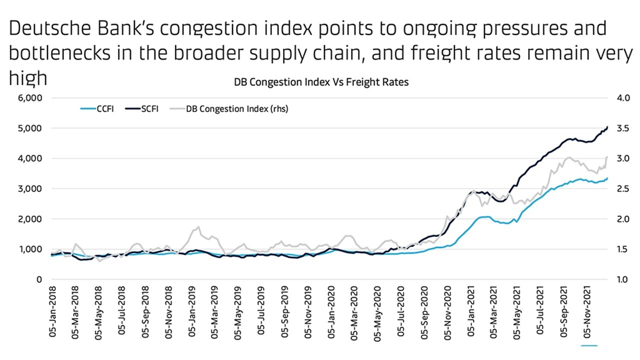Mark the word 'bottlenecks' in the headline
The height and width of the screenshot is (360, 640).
[65, 54]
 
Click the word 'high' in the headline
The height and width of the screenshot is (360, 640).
[28, 78]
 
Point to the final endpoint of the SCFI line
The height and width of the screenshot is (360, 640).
[607, 127]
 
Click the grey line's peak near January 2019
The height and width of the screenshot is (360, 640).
[198, 227]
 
